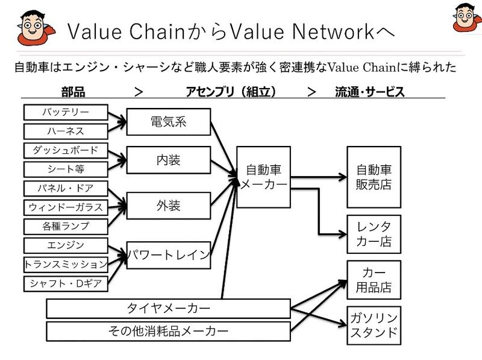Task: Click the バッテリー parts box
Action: tap(66, 113)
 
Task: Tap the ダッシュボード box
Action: tap(66, 151)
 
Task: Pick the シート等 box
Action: tap(66, 169)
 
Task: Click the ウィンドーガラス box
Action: tap(66, 207)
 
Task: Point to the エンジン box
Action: tap(66, 245)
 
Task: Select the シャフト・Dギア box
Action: tap(66, 283)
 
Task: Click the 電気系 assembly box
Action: tap(168, 122)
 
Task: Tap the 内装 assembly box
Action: tap(168, 160)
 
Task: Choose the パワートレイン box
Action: tap(168, 255)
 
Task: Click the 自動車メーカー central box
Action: tap(263, 177)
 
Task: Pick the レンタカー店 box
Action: tap(374, 234)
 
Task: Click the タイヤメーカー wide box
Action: tap(168, 309)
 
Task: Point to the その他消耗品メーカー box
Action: tap(168, 330)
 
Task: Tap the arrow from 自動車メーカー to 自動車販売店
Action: tap(319, 177)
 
